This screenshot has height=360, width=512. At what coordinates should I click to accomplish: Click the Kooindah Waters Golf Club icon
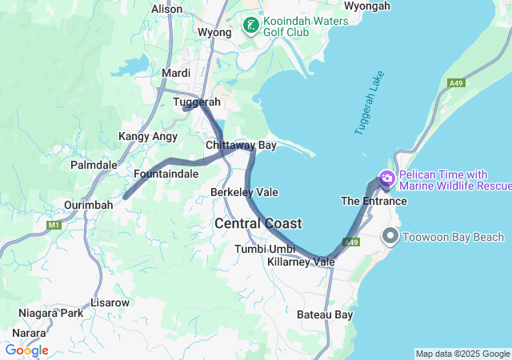[251, 26]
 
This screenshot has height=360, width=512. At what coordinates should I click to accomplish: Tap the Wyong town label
[214, 33]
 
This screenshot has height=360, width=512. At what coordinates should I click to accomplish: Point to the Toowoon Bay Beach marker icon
[391, 236]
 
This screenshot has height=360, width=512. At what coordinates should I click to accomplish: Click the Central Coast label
[258, 223]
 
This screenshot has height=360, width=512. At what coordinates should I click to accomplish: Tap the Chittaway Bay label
[241, 146]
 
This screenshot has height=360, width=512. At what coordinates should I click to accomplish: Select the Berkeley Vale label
[244, 193]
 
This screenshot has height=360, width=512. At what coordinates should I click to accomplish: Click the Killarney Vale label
[302, 262]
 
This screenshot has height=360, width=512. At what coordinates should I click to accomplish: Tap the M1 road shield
[54, 226]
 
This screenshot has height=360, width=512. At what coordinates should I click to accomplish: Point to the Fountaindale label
[166, 173]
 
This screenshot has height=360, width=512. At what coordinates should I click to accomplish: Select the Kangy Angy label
[148, 137]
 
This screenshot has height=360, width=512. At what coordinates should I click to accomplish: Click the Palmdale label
[94, 165]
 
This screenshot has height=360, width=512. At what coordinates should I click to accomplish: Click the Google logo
[26, 350]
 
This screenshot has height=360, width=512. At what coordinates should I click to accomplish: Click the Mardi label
[176, 73]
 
